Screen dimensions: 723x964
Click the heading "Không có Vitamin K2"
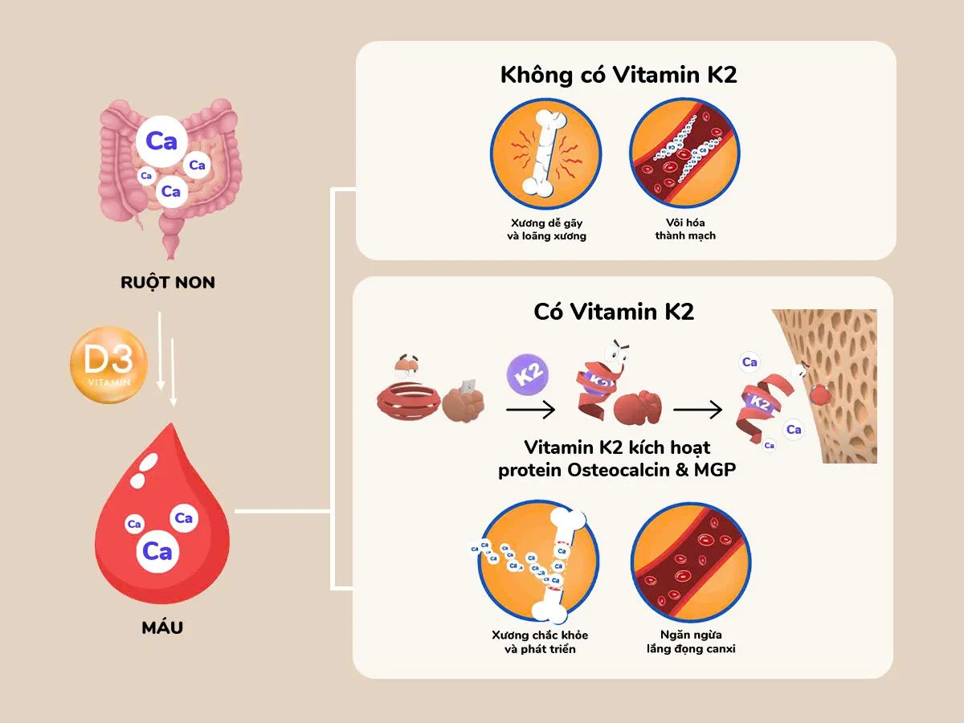click(619, 76)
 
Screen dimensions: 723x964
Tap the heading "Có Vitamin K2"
click(614, 312)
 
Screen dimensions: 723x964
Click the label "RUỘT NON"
click(168, 282)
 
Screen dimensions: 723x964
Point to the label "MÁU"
click(162, 627)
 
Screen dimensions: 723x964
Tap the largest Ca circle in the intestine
click(161, 143)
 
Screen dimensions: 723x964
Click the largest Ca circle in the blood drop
click(157, 551)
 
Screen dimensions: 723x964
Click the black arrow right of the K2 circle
click(531, 410)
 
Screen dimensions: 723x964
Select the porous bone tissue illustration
click(835, 386)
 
